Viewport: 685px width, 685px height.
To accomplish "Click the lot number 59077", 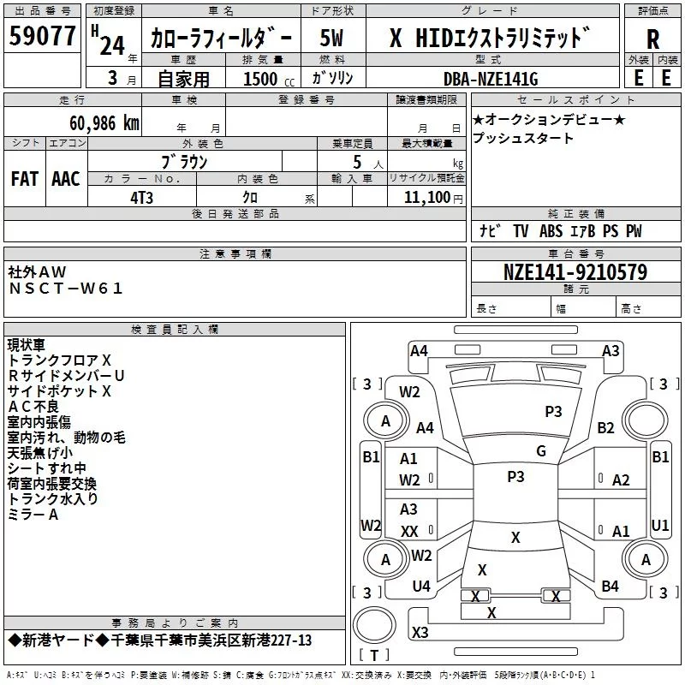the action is (x=42, y=35).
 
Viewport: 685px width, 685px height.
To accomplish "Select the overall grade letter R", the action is (x=652, y=39).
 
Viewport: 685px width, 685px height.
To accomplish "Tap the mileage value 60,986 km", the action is (x=104, y=123).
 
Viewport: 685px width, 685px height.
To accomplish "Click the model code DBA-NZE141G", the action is (x=491, y=79).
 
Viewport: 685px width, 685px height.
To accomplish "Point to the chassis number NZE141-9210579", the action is (x=575, y=271).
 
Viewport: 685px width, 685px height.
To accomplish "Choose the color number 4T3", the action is (x=141, y=198).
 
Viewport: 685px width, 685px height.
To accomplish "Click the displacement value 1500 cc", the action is (x=269, y=79).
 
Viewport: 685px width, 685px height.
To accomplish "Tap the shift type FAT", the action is (x=25, y=178).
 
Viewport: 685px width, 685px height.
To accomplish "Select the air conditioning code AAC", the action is (x=66, y=178).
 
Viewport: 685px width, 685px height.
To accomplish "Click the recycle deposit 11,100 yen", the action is (x=433, y=198).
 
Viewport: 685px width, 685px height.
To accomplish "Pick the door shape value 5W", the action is (x=331, y=38).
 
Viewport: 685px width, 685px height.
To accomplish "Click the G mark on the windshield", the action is (x=541, y=450).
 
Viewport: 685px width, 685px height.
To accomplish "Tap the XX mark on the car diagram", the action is (x=409, y=531).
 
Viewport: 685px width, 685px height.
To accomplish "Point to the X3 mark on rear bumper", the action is (x=420, y=632).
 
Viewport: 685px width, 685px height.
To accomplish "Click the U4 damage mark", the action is (x=421, y=586).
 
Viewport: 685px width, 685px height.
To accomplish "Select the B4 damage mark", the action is (x=610, y=586).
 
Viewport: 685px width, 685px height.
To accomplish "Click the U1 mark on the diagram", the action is (x=660, y=525).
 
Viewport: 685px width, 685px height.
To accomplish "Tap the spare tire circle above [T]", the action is (x=374, y=625).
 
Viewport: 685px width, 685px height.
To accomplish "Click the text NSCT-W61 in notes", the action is (x=66, y=289).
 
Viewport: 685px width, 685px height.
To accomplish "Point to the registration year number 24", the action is (x=112, y=45).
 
